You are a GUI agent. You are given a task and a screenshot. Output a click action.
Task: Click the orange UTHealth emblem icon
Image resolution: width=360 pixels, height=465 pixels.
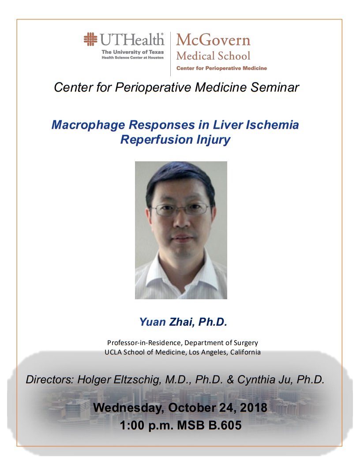[x=90, y=39]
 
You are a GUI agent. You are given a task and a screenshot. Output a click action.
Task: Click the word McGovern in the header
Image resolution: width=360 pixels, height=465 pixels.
[x=214, y=40]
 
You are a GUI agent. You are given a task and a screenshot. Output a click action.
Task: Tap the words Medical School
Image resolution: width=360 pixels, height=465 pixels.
[x=214, y=56]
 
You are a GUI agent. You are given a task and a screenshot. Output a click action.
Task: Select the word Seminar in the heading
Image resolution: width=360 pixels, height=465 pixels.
[x=274, y=87]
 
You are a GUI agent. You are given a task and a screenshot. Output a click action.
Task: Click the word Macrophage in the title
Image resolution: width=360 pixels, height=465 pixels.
[x=88, y=125]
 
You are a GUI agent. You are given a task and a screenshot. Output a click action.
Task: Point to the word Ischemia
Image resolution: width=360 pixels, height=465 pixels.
[x=272, y=125]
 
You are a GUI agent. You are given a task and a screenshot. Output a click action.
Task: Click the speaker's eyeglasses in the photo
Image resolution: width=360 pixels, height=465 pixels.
[x=181, y=209]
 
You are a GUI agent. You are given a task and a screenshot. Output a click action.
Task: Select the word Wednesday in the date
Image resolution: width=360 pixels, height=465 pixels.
[x=128, y=408]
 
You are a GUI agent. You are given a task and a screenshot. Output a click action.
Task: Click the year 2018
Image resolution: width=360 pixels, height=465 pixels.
[x=253, y=407]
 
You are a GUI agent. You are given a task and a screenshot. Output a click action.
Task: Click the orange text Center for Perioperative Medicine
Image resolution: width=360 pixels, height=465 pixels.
[x=222, y=68]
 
